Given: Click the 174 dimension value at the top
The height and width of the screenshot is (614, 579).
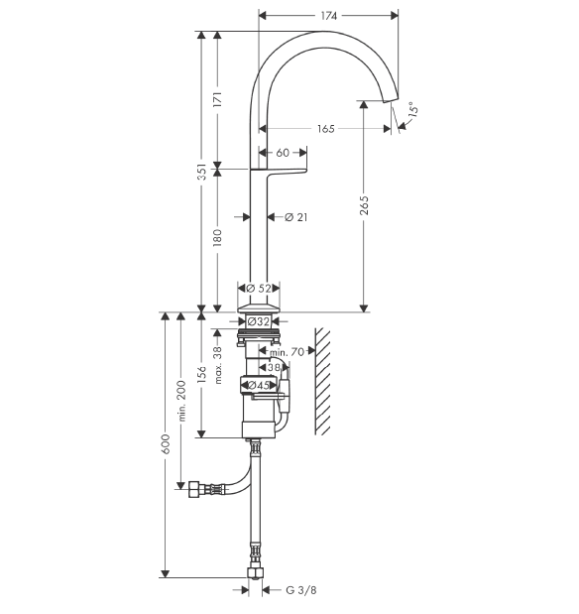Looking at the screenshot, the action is tap(329, 16).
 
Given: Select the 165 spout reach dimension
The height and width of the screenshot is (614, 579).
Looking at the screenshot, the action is tap(326, 129).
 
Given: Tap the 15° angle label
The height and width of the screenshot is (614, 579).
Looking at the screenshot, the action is tap(412, 109).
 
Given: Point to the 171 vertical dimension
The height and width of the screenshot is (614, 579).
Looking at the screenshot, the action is tap(218, 100).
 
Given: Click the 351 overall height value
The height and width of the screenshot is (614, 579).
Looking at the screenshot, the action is tap(201, 172).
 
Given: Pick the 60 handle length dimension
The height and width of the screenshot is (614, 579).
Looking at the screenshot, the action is tap(283, 153).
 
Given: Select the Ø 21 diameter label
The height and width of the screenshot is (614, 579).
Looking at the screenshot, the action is tap(296, 217).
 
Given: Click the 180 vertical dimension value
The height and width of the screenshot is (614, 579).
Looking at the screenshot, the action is tap(217, 238).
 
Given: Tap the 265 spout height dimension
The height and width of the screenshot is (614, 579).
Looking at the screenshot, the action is tap(364, 205).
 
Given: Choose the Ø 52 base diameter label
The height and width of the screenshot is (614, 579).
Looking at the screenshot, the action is tap(259, 289).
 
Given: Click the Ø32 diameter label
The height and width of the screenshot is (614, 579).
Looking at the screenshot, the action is tap(259, 322).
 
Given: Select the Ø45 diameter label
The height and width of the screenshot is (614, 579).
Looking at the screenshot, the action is tap(259, 385).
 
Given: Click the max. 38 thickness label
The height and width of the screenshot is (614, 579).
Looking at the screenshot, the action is tap(218, 365).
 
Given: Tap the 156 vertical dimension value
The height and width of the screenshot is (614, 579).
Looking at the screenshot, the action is tap(201, 374).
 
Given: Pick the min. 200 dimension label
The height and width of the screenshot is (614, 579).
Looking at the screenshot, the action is tap(181, 401).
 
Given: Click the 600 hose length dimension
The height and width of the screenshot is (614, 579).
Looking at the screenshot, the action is tap(166, 444).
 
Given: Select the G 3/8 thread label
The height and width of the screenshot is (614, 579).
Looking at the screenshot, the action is tap(301, 590).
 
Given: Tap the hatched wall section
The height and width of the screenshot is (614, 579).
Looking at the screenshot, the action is tap(322, 382).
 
